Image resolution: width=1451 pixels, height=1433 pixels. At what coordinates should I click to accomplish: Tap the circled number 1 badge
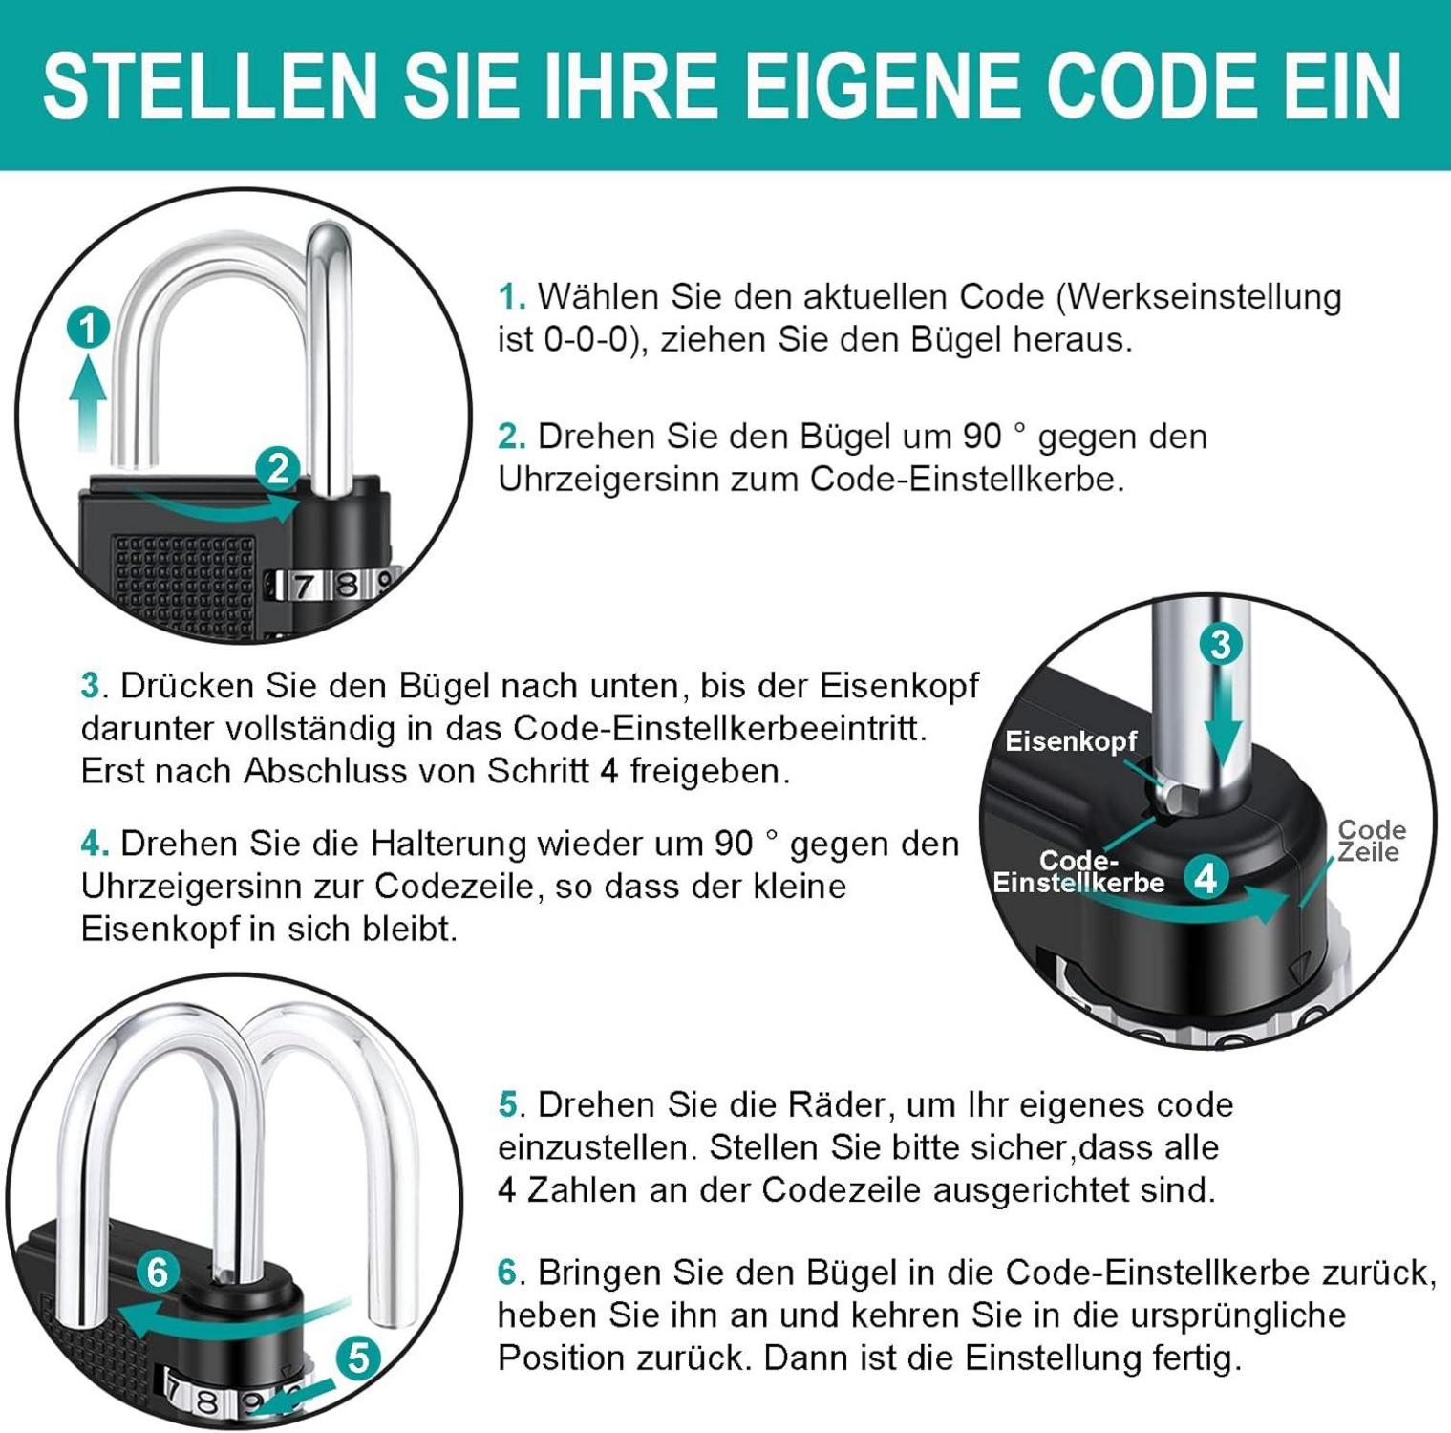tap(88, 330)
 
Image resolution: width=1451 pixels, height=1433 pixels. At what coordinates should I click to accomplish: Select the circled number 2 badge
tap(277, 469)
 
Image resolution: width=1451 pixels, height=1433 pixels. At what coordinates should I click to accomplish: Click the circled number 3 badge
tap(1221, 645)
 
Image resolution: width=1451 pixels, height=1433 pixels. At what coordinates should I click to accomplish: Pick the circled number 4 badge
tap(1206, 877)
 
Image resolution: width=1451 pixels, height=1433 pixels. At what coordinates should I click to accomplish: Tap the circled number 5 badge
tap(358, 1358)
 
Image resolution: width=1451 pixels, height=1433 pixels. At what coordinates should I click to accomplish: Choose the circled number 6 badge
tap(158, 1272)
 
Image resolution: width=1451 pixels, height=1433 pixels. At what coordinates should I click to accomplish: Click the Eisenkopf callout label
tap(1071, 741)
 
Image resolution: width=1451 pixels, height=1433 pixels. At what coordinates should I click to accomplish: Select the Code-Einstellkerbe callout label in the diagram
tap(1078, 872)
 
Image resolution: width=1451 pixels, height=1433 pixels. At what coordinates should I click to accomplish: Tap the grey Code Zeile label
tap(1370, 841)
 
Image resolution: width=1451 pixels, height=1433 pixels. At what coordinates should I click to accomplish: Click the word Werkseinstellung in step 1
tap(1204, 297)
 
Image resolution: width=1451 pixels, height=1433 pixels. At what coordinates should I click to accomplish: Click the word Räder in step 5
tap(837, 1105)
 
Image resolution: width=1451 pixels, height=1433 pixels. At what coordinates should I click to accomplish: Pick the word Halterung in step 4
tap(449, 845)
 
